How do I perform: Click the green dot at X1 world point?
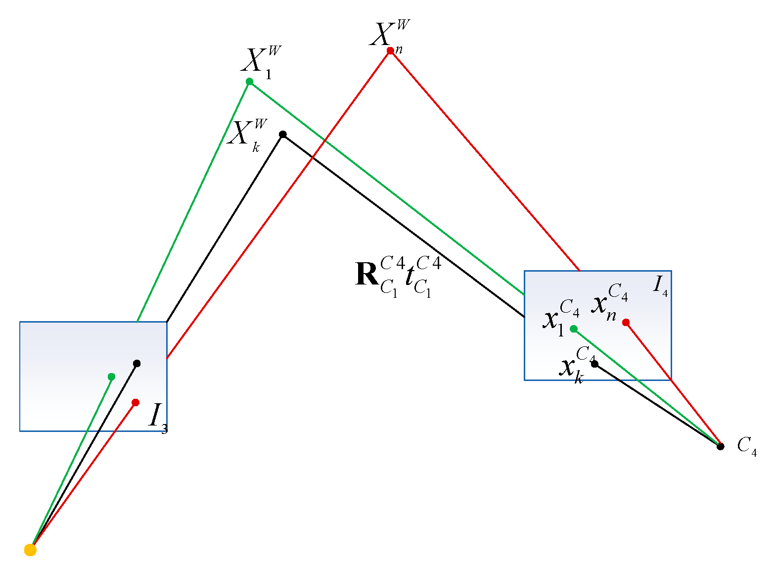(250, 82)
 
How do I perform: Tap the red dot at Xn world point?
(390, 51)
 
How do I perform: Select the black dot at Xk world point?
(283, 135)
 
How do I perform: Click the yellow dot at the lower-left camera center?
(31, 550)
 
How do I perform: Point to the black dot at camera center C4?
(721, 446)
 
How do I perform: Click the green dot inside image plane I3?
(111, 377)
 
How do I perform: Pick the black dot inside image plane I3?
(137, 364)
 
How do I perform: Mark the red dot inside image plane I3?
(136, 403)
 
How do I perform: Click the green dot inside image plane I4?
(574, 329)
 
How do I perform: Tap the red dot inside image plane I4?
(626, 323)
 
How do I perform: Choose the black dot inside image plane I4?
(595, 364)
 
